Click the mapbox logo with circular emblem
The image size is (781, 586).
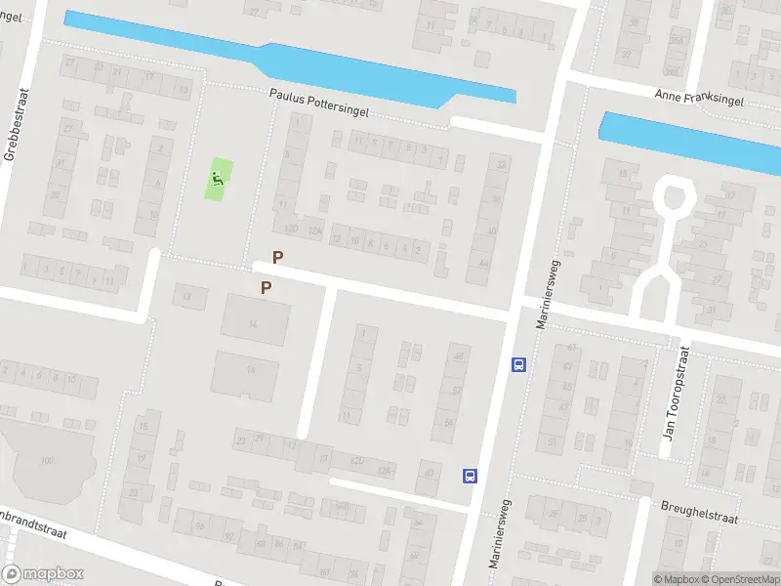(x=43, y=574)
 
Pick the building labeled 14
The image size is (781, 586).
(x=254, y=323)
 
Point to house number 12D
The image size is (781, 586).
(x=290, y=229)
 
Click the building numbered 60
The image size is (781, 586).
(x=429, y=477)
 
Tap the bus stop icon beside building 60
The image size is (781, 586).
(x=470, y=476)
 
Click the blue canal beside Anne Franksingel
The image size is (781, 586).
(x=683, y=142)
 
